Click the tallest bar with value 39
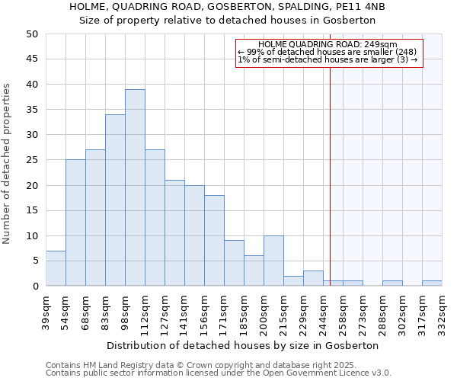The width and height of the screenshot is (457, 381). (135, 187)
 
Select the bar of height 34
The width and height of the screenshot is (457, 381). (115, 200)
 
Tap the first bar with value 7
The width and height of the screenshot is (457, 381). (56, 268)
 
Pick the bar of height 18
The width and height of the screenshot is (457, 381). (214, 241)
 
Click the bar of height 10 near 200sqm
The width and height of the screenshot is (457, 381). (273, 261)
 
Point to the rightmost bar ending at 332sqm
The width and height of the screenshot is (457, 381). (432, 283)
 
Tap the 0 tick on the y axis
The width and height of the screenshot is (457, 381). (35, 287)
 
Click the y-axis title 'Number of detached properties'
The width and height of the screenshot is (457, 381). (8, 164)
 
